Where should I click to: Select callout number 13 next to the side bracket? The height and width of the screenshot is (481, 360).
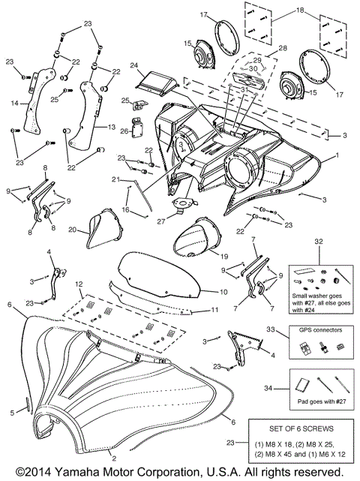tap(112, 128)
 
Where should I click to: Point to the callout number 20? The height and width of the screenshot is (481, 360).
tap(73, 230)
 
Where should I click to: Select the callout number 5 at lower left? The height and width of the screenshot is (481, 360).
tap(11, 412)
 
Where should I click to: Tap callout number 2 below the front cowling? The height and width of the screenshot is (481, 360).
tap(113, 457)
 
